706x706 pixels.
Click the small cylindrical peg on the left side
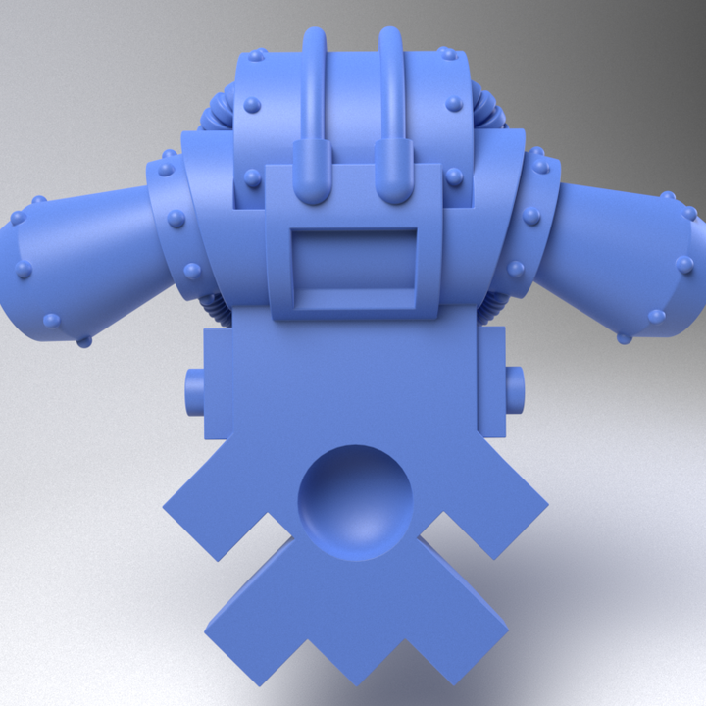[193, 391]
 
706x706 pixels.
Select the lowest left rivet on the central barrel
[253, 177]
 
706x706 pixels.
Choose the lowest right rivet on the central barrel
[454, 176]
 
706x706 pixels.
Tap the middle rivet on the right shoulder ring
[531, 216]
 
